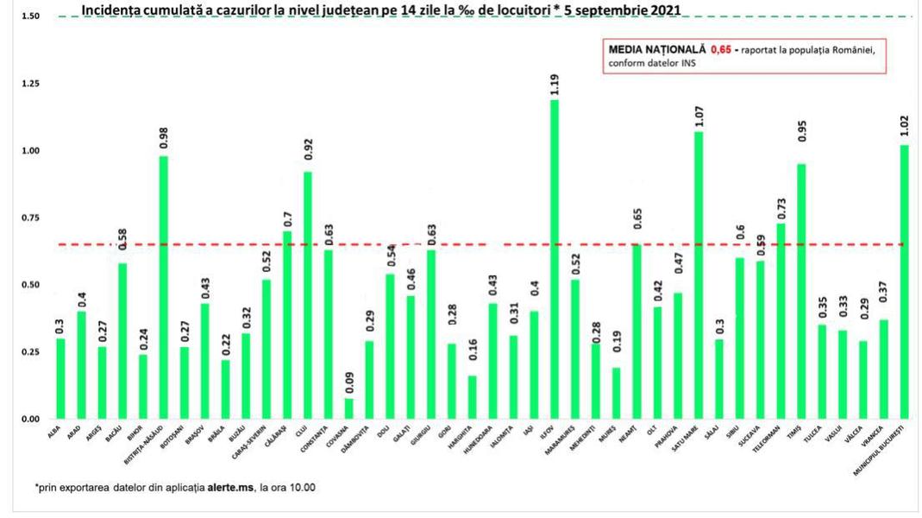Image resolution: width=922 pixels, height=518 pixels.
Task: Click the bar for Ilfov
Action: (554, 259)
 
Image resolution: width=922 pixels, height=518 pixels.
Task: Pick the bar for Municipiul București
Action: (904, 281)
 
